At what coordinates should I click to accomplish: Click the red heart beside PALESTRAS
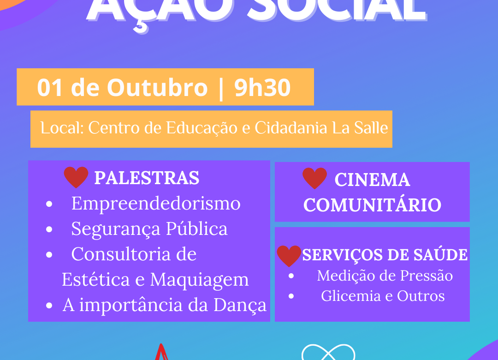76,177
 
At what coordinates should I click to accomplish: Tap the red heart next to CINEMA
314,178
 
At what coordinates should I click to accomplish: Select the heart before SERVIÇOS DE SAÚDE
289,256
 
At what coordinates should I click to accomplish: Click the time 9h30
262,87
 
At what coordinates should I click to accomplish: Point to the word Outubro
157,87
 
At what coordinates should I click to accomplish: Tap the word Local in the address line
62,128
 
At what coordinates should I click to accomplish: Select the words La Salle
360,128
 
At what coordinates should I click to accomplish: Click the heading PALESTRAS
147,178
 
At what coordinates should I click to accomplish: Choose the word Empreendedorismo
156,204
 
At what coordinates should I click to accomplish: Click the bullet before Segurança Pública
49,229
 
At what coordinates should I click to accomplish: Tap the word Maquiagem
199,280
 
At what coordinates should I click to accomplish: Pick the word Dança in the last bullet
240,305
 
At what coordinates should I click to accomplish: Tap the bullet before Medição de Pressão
291,276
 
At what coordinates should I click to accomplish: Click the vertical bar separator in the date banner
221,89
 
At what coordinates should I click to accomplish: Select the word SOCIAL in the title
337,10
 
